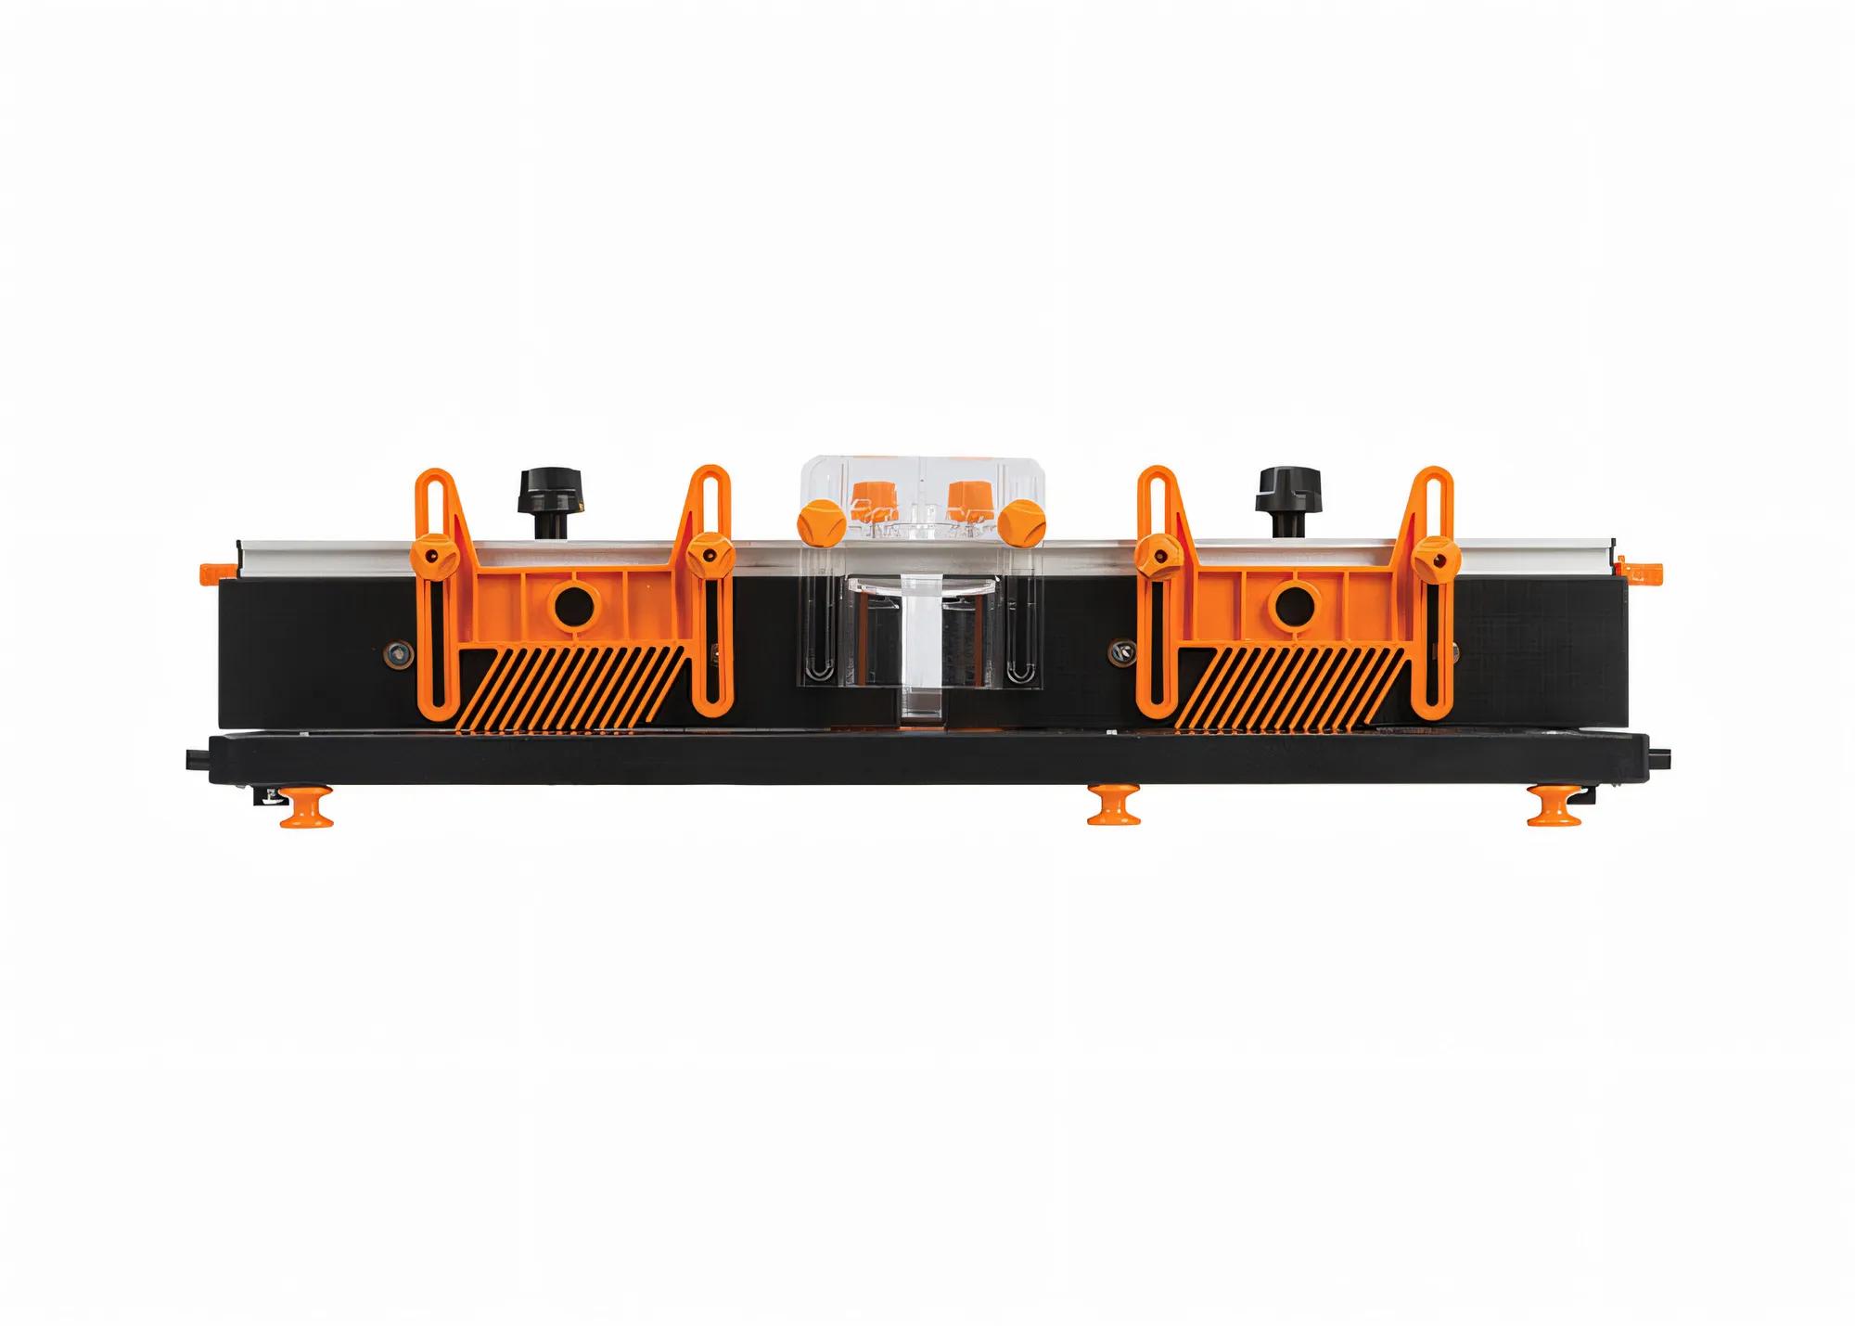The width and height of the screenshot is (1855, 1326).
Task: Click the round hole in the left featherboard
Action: click(574, 606)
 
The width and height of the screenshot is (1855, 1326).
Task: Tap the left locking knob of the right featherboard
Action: click(1156, 554)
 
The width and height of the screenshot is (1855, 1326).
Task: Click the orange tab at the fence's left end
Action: click(210, 568)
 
